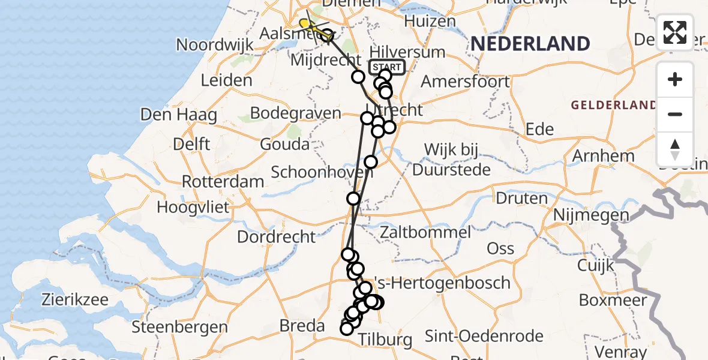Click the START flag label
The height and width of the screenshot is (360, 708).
pyautogui.click(x=387, y=67)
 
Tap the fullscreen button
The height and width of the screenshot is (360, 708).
pyautogui.click(x=675, y=32)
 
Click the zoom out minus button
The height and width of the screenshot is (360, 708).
pyautogui.click(x=675, y=114)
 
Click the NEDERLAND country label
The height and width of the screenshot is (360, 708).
pyautogui.click(x=530, y=44)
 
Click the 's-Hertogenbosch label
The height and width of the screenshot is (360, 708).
pyautogui.click(x=442, y=283)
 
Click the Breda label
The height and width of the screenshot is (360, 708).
pyautogui.click(x=303, y=326)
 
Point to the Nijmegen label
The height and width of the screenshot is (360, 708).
pyautogui.click(x=591, y=215)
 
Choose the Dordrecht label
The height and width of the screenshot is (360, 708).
pyautogui.click(x=277, y=236)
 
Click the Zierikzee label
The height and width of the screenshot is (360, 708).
pyautogui.click(x=75, y=299)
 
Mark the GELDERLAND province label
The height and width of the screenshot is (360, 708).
pyautogui.click(x=613, y=106)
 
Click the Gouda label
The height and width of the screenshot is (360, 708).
pyautogui.click(x=285, y=144)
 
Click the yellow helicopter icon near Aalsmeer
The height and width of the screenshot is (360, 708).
pyautogui.click(x=306, y=24)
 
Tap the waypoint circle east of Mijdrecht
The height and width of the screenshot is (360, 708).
pyautogui.click(x=358, y=77)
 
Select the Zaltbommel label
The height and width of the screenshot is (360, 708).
pyautogui.click(x=425, y=232)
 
